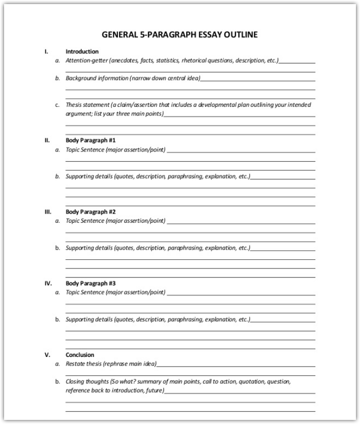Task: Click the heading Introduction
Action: click(x=82, y=51)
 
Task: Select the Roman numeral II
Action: click(x=47, y=140)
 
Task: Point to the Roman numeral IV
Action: click(x=47, y=283)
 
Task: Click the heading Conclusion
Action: click(x=80, y=355)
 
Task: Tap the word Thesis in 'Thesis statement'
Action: click(x=74, y=105)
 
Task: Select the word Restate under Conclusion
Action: click(x=75, y=364)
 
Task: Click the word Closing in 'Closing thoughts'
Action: click(x=75, y=381)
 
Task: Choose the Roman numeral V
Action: click(x=47, y=355)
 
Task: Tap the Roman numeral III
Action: click(x=47, y=211)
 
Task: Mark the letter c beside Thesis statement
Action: click(x=57, y=105)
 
